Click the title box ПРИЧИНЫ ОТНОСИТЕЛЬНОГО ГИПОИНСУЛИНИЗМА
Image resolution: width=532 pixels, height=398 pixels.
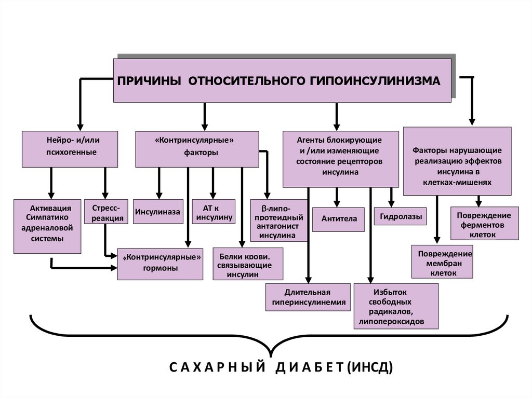(x=282, y=80)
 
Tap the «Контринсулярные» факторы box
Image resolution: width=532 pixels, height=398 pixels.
(x=197, y=149)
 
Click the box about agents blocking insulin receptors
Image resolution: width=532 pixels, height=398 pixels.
(x=340, y=158)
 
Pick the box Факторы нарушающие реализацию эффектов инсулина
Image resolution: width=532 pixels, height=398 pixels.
(x=457, y=161)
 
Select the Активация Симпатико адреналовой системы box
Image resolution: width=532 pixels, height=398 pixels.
(x=47, y=226)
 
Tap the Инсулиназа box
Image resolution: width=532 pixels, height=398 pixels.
(x=158, y=212)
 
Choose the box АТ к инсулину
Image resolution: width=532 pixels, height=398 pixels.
(x=213, y=212)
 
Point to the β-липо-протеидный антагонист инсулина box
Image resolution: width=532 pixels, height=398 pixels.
(x=278, y=221)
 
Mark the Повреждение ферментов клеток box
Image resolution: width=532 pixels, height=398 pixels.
(x=484, y=224)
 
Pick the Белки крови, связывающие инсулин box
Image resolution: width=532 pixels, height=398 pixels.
(x=248, y=263)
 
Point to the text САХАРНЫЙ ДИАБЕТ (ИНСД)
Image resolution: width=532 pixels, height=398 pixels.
(x=281, y=368)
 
